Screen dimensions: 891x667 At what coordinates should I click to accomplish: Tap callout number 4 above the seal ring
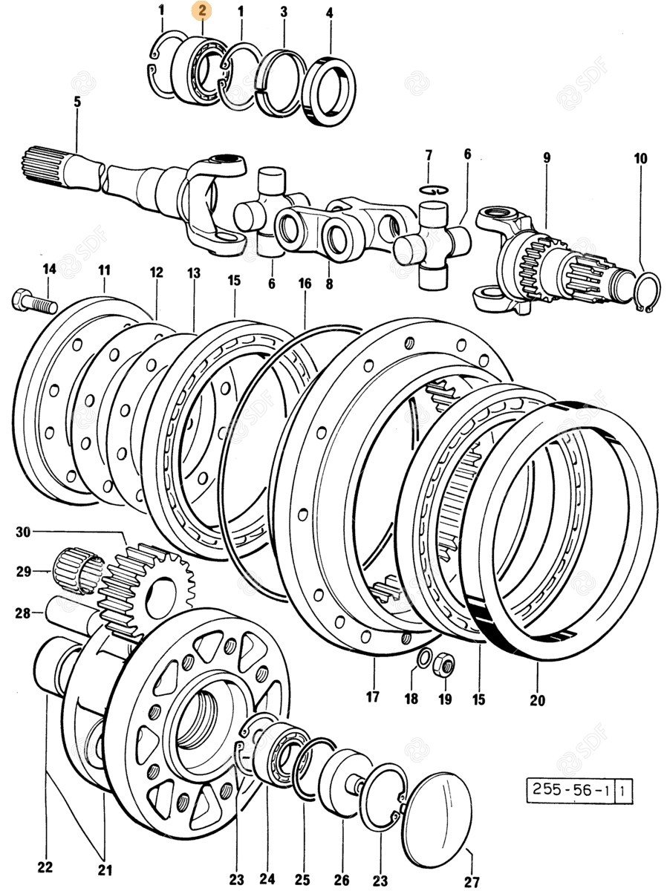(329, 13)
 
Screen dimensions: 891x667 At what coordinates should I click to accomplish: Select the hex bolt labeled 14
(34, 302)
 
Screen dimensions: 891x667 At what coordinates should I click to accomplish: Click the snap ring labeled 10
(648, 291)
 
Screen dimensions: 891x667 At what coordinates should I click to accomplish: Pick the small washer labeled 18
(424, 658)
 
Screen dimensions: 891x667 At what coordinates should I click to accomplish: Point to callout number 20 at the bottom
(537, 699)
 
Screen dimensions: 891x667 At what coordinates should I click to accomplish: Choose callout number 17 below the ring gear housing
(372, 696)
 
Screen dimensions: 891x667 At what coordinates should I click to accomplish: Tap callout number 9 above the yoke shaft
(546, 157)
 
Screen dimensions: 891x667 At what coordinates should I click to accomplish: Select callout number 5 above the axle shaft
(77, 102)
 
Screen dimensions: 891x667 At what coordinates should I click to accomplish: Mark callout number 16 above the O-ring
(305, 283)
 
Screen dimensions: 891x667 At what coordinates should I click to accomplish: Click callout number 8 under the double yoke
(329, 284)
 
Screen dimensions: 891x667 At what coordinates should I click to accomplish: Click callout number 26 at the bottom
(342, 879)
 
